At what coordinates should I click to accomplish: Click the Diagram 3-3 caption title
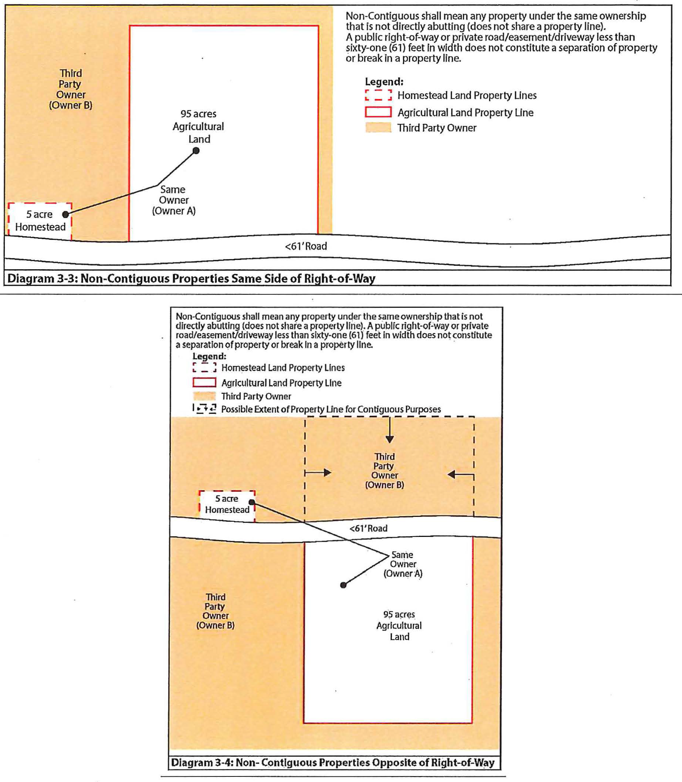(191, 278)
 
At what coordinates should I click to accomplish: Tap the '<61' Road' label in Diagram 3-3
(306, 247)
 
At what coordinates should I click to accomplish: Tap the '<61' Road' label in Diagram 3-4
(368, 528)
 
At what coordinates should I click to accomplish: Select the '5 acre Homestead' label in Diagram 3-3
(40, 221)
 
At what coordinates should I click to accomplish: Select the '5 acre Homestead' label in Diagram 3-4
(227, 504)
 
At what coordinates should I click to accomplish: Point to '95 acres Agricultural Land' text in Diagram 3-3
(198, 126)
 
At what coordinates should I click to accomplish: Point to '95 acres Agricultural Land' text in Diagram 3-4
(399, 626)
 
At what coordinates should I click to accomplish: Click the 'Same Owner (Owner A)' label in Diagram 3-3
(173, 200)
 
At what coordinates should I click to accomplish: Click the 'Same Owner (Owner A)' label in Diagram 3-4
(403, 564)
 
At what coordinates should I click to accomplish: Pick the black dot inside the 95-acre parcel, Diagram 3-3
(196, 151)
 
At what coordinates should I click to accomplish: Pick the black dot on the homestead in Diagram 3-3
(66, 214)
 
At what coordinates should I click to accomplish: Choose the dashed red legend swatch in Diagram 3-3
(378, 95)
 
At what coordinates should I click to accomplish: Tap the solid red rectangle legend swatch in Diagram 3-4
(204, 382)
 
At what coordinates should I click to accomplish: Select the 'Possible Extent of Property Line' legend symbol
(204, 409)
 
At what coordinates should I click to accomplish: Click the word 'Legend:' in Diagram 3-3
(384, 82)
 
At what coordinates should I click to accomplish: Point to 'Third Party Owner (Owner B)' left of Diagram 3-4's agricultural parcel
(215, 611)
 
